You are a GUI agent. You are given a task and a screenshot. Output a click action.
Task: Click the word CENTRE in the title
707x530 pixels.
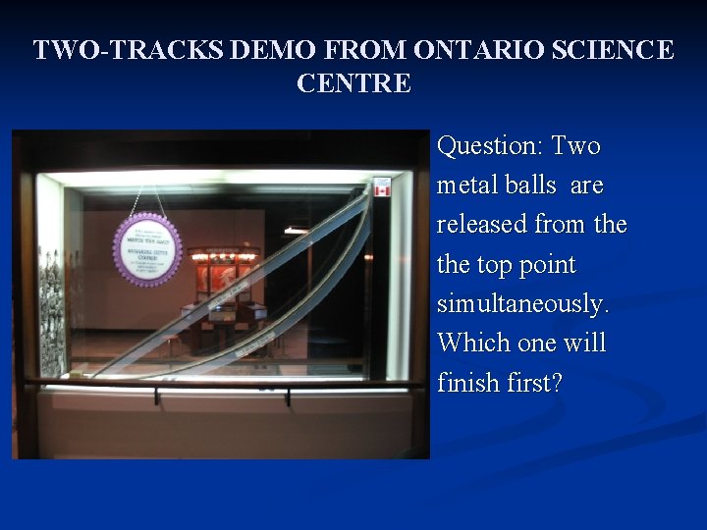point(353,83)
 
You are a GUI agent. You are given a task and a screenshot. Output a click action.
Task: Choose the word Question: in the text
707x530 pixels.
point(489,147)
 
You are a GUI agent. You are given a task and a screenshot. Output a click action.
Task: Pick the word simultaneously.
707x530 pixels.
point(522,304)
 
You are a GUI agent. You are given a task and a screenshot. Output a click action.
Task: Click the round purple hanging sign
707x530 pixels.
point(147,248)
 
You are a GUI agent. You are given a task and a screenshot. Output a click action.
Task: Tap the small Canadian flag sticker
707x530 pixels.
point(382,186)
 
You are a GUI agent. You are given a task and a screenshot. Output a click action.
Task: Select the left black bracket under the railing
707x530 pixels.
point(156,396)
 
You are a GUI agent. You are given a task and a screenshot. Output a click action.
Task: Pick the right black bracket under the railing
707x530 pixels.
point(288,396)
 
